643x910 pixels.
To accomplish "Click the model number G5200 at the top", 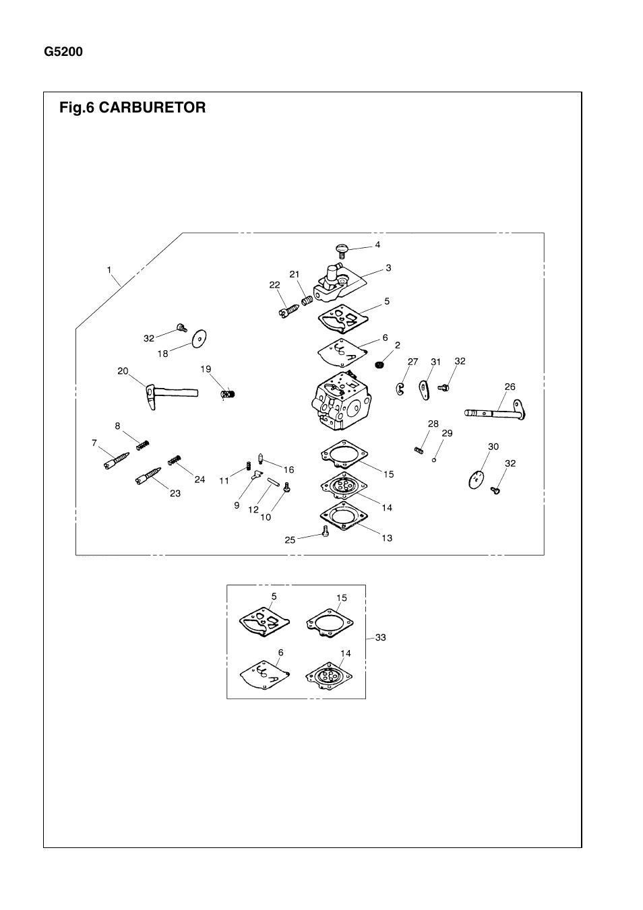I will [x=63, y=52].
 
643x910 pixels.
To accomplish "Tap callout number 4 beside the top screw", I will [x=377, y=245].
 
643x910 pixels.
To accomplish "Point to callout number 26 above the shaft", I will [x=510, y=387].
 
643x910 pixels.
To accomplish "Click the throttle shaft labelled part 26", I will [x=495, y=410].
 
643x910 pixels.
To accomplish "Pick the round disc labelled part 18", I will [x=199, y=339].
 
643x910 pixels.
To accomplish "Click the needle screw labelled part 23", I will [x=149, y=476].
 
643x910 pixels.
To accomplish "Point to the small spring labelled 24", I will [x=175, y=461].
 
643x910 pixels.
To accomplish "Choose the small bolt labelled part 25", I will [x=326, y=532].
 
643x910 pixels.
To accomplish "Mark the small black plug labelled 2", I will [x=379, y=364].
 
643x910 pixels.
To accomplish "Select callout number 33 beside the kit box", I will [x=381, y=637].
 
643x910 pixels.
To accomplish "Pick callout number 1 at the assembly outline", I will [x=109, y=269].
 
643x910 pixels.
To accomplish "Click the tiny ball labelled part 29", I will [x=435, y=460].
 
